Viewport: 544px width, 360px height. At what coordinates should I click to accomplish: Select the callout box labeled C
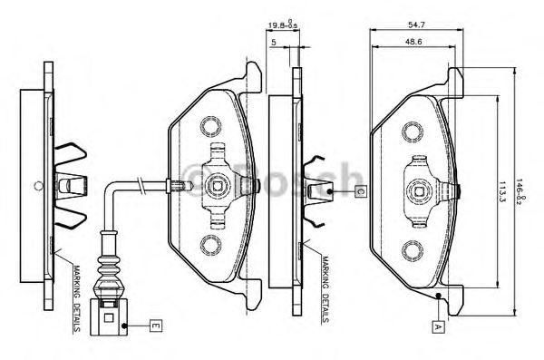pyautogui.click(x=359, y=191)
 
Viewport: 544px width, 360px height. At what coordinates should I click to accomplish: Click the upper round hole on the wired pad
pyautogui.click(x=211, y=123)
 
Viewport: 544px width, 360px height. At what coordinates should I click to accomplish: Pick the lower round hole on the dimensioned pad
pyautogui.click(x=413, y=250)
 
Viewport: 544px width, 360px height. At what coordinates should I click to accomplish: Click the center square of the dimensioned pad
pyautogui.click(x=419, y=190)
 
